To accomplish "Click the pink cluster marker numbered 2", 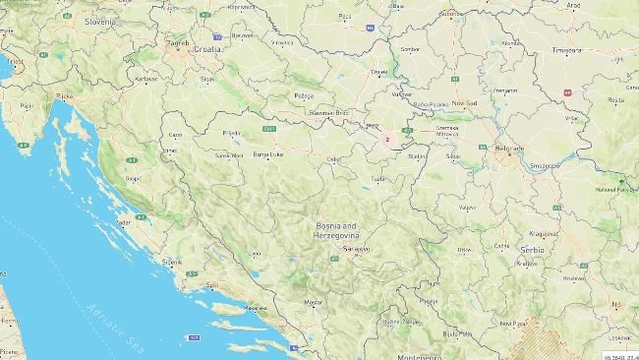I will [387, 140].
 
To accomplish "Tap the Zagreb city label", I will [178, 42].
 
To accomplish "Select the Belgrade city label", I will [510, 148].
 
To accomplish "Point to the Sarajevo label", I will [356, 249].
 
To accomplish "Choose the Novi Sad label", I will [465, 102].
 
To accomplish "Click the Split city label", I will [213, 286].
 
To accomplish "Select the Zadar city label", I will [123, 222].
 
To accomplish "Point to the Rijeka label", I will [66, 96].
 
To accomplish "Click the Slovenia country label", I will [99, 20].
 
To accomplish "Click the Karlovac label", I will [146, 78].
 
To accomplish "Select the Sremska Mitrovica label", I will [447, 130].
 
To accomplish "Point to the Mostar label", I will [314, 301].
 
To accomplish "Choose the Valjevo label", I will [468, 207].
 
